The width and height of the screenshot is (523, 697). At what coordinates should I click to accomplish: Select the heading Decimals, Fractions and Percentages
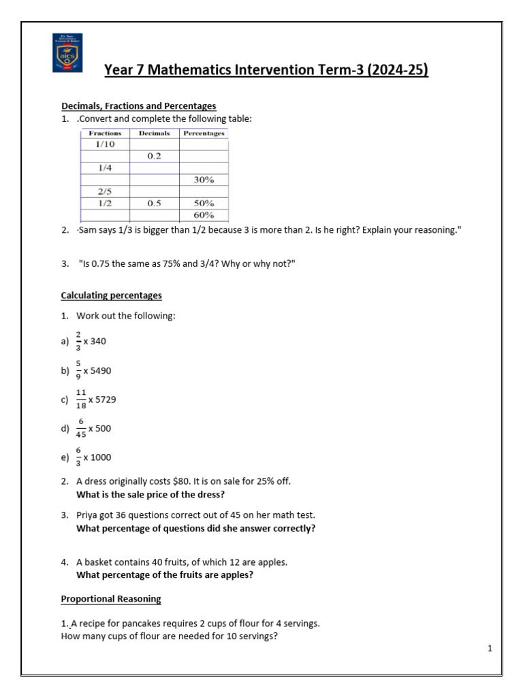point(138,106)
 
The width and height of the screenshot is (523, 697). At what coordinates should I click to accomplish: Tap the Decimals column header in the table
point(154,133)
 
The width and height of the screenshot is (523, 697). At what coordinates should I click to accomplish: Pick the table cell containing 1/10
point(105,145)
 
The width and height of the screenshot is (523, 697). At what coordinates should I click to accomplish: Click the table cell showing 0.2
point(154,157)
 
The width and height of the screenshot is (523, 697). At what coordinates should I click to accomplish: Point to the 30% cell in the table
point(204,180)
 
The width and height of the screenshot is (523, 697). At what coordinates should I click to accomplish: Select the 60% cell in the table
point(204,215)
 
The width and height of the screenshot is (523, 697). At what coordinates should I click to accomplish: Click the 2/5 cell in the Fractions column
point(105,191)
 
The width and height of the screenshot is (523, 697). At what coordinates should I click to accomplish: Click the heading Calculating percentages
point(112,295)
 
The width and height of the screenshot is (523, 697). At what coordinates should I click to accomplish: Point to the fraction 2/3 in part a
point(79,340)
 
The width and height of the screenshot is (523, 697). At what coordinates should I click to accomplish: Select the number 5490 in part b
point(98,370)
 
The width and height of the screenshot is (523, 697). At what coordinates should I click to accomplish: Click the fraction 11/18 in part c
point(81,400)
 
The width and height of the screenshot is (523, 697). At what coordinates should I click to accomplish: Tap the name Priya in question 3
point(88,515)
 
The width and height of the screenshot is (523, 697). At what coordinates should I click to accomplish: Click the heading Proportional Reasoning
point(111,599)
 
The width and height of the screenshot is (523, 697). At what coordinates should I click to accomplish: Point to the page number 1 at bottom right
point(490,649)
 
